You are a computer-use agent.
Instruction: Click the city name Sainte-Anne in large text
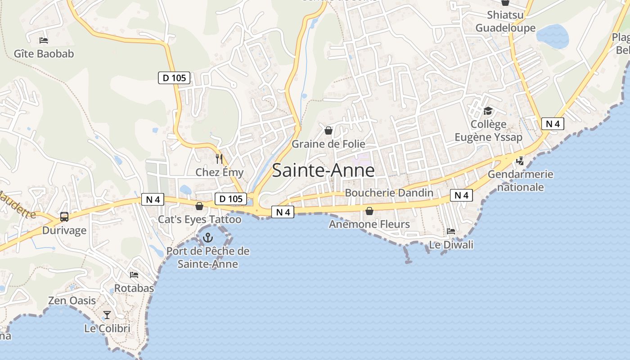pos(323,171)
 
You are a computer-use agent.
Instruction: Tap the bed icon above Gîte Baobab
pos(44,40)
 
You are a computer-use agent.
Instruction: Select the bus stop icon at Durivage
pos(64,217)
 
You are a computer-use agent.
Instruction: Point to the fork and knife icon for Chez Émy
pos(219,158)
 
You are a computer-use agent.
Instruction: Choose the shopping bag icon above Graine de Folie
pos(328,130)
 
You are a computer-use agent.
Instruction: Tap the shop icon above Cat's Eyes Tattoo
pos(199,206)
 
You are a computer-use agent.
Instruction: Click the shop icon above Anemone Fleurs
pos(369,211)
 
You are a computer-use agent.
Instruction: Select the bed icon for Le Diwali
pos(451,231)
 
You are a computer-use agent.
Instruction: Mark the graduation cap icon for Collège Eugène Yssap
pos(488,111)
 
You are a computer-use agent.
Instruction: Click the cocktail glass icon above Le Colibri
pos(107,315)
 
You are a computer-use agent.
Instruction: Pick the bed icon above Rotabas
pos(134,274)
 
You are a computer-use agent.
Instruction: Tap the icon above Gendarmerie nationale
pos(520,160)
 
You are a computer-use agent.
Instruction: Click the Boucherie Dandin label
pos(389,193)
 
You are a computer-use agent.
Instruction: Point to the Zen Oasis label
pos(72,301)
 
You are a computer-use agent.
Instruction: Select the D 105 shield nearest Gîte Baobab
pos(174,78)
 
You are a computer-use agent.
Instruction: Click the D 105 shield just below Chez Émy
pos(231,198)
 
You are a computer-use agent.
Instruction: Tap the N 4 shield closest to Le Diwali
pos(461,195)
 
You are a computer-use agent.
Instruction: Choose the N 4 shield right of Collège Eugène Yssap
pos(553,124)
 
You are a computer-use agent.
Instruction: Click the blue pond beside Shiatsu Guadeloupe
pos(553,36)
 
